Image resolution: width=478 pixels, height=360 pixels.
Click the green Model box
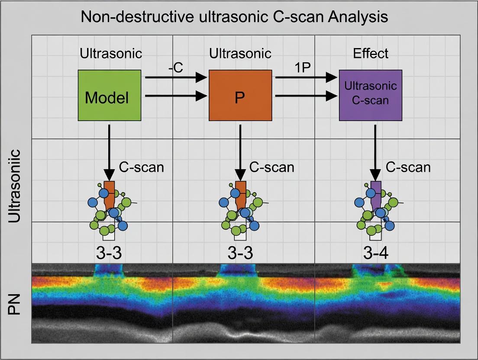click(x=110, y=95)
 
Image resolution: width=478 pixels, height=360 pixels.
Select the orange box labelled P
click(x=240, y=95)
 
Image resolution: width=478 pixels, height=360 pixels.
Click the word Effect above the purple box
click(x=371, y=53)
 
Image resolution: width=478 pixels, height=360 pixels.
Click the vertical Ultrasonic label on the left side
click(x=15, y=186)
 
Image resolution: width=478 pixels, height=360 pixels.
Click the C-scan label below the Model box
click(x=142, y=167)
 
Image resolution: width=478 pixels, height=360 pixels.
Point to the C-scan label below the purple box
click(x=408, y=167)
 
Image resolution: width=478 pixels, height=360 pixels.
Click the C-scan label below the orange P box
click(x=272, y=167)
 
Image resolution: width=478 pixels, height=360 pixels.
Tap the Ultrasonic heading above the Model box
click(x=111, y=53)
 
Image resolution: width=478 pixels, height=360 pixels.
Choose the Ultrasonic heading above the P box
click(x=240, y=53)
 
